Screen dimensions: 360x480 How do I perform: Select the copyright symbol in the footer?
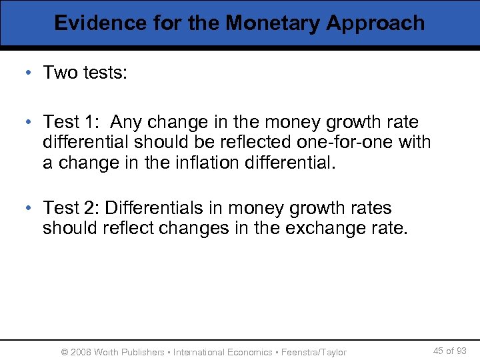65,352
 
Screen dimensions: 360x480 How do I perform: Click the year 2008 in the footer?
81,352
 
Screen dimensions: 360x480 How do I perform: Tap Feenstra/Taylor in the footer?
314,352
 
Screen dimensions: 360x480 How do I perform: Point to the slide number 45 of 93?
450,351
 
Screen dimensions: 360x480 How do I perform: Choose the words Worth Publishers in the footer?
130,352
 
